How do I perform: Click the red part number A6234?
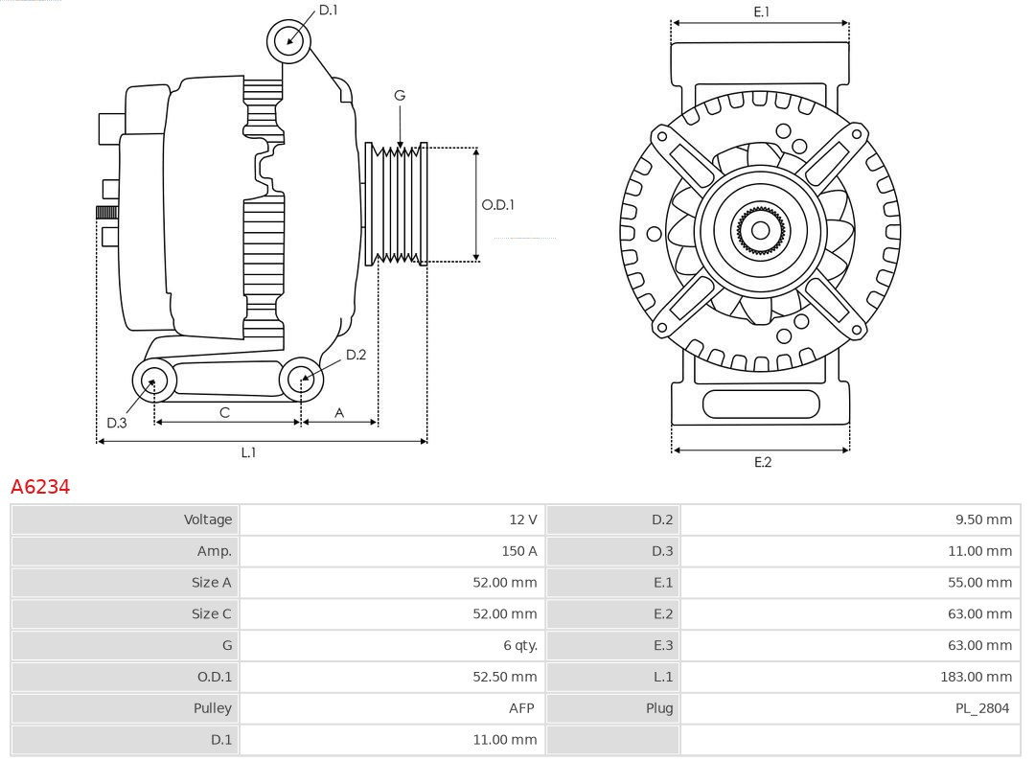click(40, 487)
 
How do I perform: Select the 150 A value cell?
click(518, 551)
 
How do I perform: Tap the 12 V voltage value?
click(522, 520)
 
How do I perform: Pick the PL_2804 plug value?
click(982, 708)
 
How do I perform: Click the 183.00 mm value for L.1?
click(976, 677)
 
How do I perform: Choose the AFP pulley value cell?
click(520, 708)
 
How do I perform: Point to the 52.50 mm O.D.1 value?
click(504, 677)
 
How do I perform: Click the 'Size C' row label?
click(211, 613)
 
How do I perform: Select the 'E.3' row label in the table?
click(662, 645)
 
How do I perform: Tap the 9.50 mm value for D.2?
click(983, 520)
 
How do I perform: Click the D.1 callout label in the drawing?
click(328, 10)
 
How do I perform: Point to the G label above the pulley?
click(400, 95)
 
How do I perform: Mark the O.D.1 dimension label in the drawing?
click(497, 204)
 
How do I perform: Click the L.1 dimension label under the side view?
click(248, 452)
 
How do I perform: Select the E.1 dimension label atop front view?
click(761, 12)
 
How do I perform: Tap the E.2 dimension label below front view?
click(762, 462)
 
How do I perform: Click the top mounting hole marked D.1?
click(288, 40)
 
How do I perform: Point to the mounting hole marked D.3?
click(152, 381)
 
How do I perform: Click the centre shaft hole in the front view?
click(760, 231)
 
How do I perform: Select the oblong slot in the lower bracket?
click(761, 404)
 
